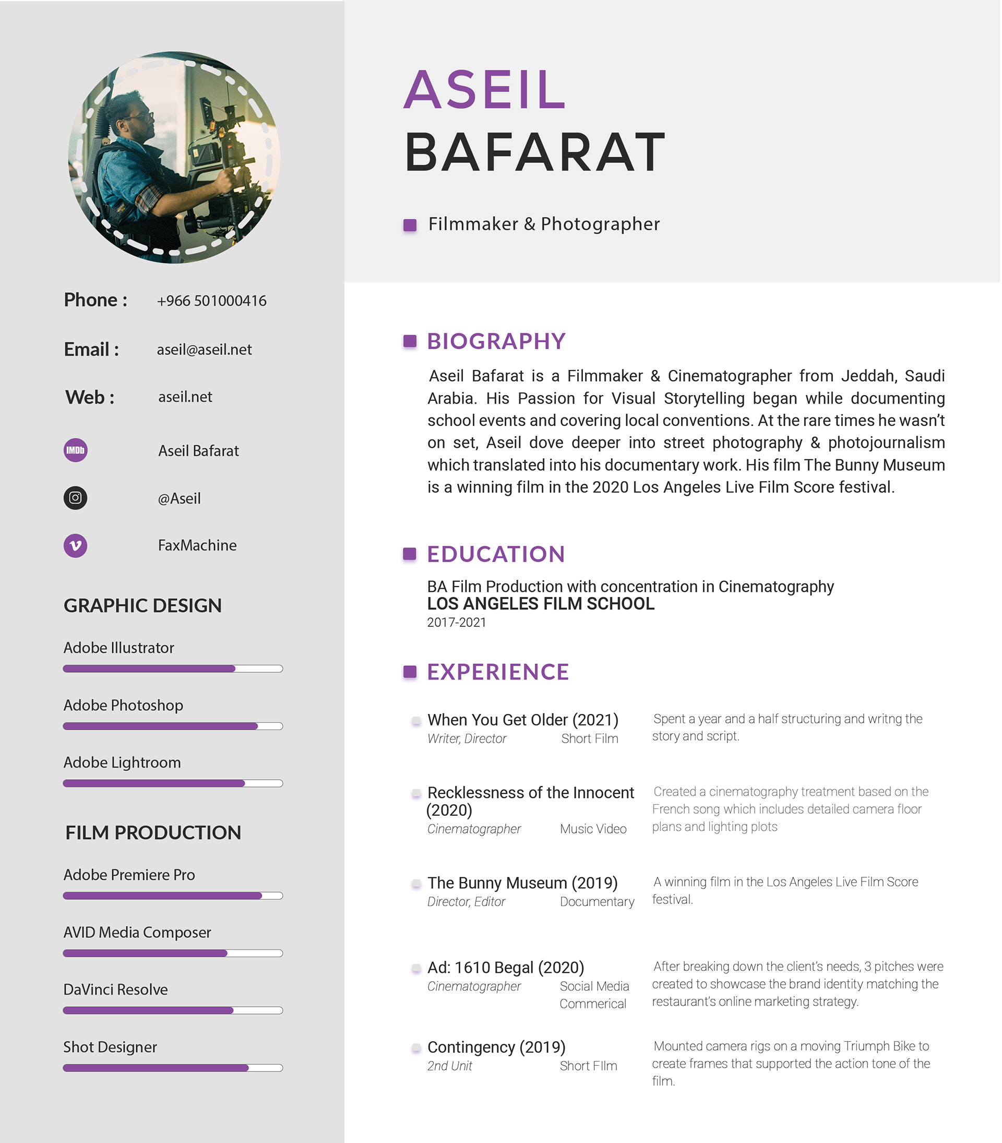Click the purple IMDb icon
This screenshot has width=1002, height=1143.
point(76,450)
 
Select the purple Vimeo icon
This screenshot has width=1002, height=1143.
point(76,545)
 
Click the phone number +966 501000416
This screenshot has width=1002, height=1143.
point(211,301)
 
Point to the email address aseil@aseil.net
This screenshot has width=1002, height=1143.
point(204,350)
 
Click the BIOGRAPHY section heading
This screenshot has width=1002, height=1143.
point(496,341)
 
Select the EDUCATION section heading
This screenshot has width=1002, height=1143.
point(496,554)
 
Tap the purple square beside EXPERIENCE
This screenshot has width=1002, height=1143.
point(410,672)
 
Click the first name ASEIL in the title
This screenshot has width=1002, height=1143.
point(485,89)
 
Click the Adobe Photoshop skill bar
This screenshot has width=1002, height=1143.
point(173,726)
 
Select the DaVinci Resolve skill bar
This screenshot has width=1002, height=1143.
point(173,1010)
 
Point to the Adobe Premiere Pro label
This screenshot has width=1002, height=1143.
point(129,875)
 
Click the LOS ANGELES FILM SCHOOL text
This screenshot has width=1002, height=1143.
point(541,604)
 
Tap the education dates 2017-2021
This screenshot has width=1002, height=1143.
point(456,622)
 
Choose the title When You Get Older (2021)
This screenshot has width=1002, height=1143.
point(523,720)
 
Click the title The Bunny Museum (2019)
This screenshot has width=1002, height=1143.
point(522,883)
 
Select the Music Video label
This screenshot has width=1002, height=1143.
point(593,829)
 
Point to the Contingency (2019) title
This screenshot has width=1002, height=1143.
point(496,1047)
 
